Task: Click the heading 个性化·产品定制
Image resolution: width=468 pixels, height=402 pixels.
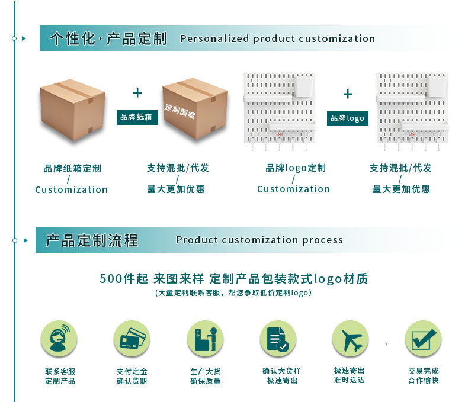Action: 108,39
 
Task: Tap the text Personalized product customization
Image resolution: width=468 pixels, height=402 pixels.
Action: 277,39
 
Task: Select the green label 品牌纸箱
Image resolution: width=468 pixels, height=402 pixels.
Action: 137,117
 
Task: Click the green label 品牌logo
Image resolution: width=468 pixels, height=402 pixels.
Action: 348,118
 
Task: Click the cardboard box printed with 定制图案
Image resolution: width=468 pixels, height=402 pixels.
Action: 195,109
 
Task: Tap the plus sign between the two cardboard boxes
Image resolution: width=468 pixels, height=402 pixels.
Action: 137,93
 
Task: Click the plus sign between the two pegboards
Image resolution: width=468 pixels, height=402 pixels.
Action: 348,94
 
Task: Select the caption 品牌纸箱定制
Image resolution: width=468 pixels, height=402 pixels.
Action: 72,169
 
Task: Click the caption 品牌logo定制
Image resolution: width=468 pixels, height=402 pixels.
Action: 296,168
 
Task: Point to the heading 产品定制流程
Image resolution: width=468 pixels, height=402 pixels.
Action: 92,240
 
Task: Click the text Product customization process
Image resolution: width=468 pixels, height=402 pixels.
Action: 259,240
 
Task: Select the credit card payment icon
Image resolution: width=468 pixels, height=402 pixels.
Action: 132,339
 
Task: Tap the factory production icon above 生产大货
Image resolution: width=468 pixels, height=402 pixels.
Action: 205,339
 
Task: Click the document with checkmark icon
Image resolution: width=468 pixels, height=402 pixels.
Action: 278,339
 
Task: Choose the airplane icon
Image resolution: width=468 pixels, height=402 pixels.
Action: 350,339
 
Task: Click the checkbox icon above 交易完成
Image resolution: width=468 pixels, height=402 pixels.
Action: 423,339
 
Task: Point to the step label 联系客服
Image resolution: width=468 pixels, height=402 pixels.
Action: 60,371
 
